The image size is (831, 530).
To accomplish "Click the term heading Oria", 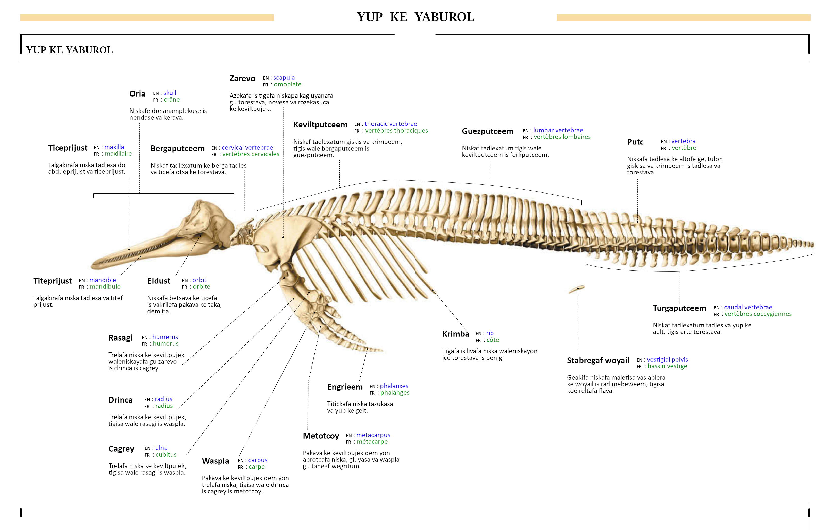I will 137,94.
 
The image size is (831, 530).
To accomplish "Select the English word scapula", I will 284,78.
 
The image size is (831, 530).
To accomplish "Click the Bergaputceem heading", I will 177,149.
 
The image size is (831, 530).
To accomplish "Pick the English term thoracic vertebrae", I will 390,124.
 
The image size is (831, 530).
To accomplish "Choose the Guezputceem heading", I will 487,131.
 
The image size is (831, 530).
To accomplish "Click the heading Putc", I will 635,142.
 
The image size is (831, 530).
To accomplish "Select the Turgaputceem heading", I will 679,308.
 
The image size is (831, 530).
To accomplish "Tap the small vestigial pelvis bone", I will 577,289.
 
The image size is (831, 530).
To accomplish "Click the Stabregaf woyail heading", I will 598,360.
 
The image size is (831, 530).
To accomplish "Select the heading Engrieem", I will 344,387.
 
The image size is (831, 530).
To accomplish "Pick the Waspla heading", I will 215,461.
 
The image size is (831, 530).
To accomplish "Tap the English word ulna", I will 161,448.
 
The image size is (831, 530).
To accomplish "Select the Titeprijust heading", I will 53,281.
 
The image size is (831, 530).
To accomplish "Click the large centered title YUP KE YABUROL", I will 415,17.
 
